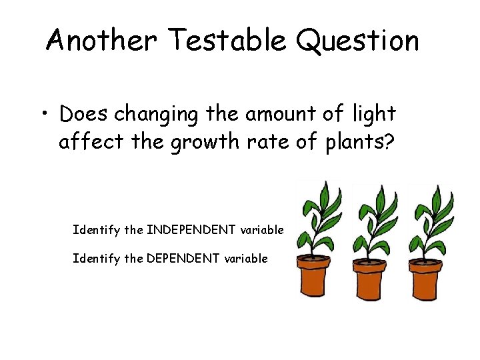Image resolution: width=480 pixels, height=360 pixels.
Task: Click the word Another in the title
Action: pyautogui.click(x=100, y=41)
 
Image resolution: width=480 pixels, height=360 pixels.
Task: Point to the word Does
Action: pyautogui.click(x=84, y=114)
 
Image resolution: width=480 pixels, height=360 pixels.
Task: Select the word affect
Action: pyautogui.click(x=88, y=142)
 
